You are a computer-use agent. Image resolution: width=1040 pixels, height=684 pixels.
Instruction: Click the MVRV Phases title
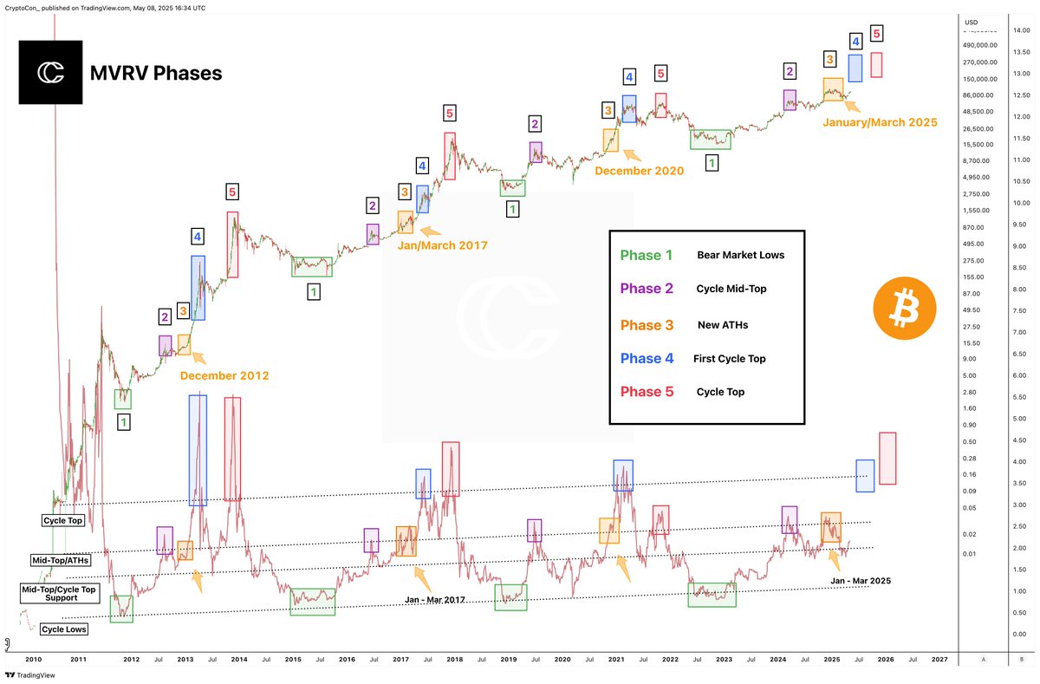pyautogui.click(x=156, y=74)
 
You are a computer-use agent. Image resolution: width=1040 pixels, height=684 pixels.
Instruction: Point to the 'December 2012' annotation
pyautogui.click(x=224, y=376)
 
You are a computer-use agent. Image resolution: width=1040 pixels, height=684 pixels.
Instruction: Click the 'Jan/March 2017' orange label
pyautogui.click(x=442, y=246)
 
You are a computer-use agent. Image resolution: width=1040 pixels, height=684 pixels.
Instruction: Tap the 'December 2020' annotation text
pyautogui.click(x=639, y=171)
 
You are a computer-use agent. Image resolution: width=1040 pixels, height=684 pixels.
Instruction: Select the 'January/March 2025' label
pyautogui.click(x=880, y=123)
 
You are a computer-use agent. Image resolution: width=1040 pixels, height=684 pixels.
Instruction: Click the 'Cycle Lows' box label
pyautogui.click(x=64, y=629)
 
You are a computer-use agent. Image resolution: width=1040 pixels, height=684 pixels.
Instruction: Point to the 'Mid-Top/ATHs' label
pyautogui.click(x=61, y=561)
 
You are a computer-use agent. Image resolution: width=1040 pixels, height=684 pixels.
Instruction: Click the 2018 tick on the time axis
pyautogui.click(x=454, y=660)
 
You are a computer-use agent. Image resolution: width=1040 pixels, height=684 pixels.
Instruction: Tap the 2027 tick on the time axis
pyautogui.click(x=939, y=660)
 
